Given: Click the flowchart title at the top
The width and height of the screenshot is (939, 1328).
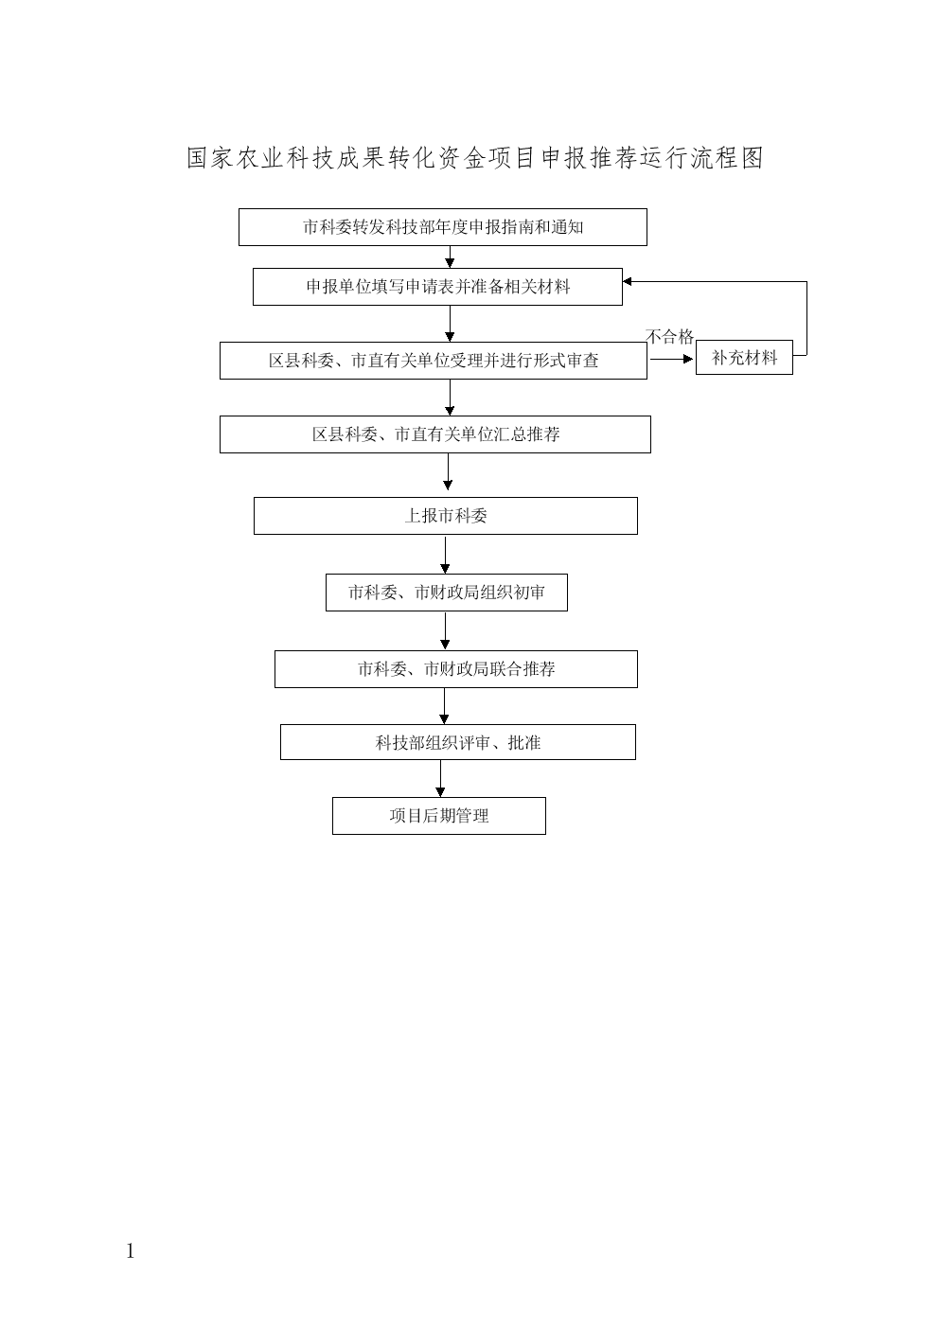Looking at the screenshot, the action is (475, 158).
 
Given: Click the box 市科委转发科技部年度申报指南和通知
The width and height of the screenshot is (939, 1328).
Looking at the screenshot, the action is (443, 227).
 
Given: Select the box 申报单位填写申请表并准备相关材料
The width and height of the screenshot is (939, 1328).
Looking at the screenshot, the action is (437, 287).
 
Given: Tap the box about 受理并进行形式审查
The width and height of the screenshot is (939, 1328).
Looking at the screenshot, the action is (434, 361).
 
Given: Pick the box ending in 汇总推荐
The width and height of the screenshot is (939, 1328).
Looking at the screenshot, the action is (435, 434).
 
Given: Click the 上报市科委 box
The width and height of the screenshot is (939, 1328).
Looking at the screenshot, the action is (446, 516).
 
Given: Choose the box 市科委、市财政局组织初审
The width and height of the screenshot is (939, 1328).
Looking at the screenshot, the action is (447, 593).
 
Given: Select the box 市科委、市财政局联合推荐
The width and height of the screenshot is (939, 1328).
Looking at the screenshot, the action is (456, 669).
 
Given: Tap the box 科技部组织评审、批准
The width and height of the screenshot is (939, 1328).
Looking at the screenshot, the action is (457, 742).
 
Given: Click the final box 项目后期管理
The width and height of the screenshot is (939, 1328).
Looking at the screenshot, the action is (438, 816).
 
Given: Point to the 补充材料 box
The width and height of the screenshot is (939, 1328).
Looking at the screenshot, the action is (744, 358).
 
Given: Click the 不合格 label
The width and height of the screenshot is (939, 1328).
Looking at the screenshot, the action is (669, 337).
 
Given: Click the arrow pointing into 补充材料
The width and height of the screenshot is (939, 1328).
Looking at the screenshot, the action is (672, 360).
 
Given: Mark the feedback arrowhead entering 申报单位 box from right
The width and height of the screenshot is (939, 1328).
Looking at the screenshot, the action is (627, 282).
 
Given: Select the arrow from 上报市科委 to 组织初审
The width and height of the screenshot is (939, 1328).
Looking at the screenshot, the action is (445, 555).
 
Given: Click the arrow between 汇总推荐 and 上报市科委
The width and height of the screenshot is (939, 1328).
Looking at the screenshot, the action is (448, 472).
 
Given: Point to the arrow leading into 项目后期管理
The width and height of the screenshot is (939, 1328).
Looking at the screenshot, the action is (440, 778).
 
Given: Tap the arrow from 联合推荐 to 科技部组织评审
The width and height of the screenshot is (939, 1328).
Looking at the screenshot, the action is (444, 706).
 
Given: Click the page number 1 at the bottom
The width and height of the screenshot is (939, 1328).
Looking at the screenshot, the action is (131, 1251).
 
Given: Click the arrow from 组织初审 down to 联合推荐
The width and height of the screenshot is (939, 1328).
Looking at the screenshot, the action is (445, 630).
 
